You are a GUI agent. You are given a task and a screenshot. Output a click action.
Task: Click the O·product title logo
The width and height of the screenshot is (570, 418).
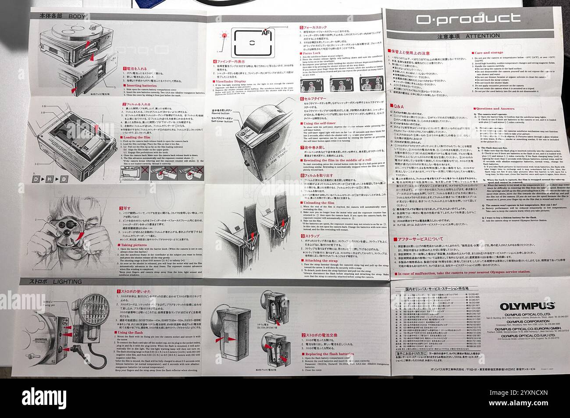pos(468,18)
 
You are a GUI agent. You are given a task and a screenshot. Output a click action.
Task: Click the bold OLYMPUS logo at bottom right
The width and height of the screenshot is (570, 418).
pos(524,306)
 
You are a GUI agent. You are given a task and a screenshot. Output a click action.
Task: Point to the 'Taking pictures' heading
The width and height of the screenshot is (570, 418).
pos(137,244)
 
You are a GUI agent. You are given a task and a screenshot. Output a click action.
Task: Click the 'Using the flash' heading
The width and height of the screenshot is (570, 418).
pos(133,333)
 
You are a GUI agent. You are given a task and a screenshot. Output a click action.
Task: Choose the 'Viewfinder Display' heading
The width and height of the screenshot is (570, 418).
pos(232,81)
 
